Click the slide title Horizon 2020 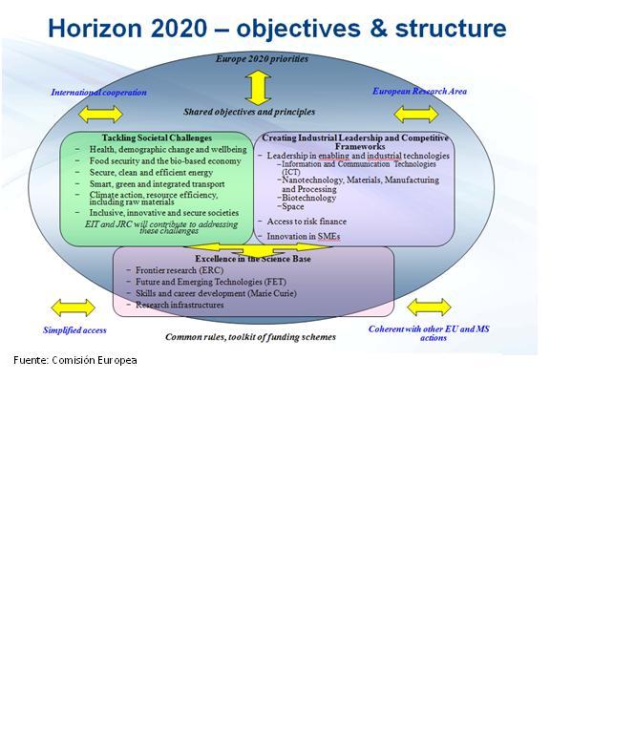tap(277, 29)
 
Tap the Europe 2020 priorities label tap(262, 59)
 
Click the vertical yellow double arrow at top tap(258, 87)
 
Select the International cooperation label tap(98, 93)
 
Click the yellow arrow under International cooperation tap(100, 115)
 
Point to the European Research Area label tap(419, 92)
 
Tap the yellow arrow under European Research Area tap(416, 115)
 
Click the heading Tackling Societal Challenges tap(157, 138)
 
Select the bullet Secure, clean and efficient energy tap(151, 173)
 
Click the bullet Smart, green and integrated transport tap(158, 184)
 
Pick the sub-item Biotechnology tap(308, 198)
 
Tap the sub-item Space tap(293, 206)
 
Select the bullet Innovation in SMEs tap(303, 236)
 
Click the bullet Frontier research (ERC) tap(180, 270)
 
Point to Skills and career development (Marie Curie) tap(216, 293)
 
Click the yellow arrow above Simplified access tap(73, 307)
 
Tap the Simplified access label tap(74, 330)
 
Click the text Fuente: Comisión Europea tap(75, 360)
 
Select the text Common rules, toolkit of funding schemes tap(250, 337)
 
